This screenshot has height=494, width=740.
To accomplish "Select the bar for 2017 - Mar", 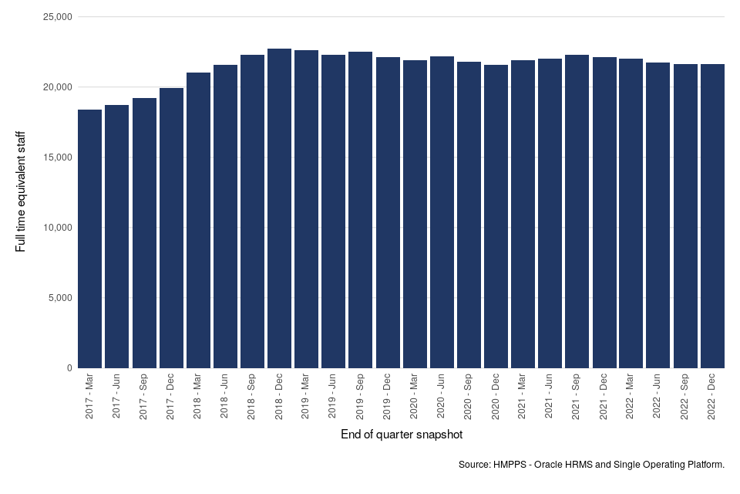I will coord(89,239).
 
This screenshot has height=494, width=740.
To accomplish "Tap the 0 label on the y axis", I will coord(69,368).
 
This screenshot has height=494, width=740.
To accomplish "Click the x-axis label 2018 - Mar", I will coord(198,397).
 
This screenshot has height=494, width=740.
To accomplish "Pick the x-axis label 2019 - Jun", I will coord(333,397).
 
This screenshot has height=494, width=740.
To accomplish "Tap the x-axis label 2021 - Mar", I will coord(523,397).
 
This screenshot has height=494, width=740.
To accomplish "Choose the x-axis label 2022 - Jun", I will coord(658,397).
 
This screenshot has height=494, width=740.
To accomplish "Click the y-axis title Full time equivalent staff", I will coord(21,191).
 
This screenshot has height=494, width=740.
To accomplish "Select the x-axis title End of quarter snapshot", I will coord(402,435).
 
